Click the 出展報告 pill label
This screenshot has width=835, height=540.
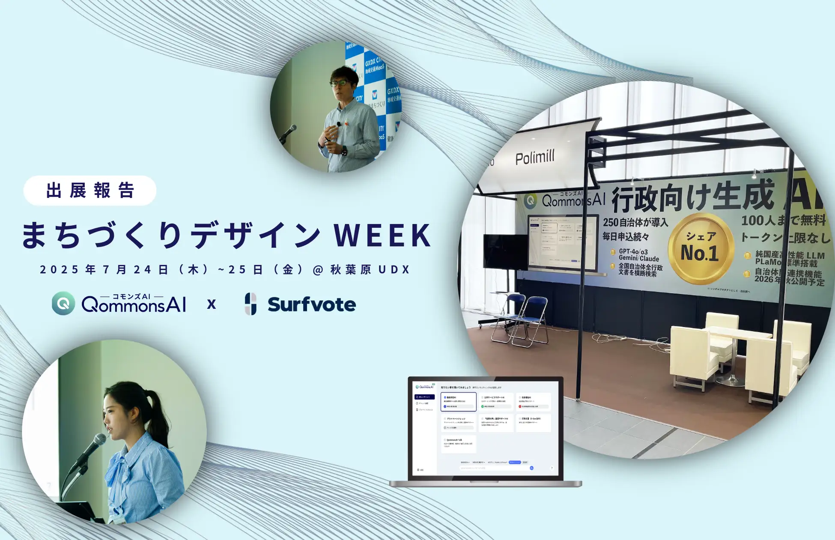point(90,191)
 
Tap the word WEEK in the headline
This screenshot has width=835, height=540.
point(382,235)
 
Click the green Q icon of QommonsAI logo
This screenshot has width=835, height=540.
point(63,303)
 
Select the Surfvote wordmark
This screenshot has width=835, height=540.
point(311,304)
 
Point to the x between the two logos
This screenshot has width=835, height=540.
point(211,304)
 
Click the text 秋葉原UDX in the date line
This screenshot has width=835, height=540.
point(370,269)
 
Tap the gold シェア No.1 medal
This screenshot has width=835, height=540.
point(701,249)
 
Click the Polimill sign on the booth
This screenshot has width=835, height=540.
point(535,158)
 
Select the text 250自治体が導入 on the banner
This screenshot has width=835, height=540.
point(635,222)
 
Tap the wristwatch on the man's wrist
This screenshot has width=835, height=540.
point(344,151)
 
